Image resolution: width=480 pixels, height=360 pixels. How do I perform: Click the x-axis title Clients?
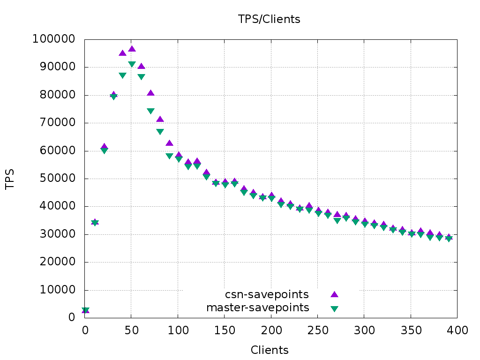[x=270, y=350]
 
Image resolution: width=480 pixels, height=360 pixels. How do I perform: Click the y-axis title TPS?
[x=9, y=179]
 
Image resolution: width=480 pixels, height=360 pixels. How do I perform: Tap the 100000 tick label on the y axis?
[x=53, y=39]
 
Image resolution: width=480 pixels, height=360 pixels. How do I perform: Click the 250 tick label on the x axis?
[x=317, y=330]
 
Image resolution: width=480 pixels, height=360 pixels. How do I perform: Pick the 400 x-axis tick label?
[x=457, y=330]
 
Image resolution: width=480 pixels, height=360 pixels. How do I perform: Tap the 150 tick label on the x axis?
[x=225, y=330]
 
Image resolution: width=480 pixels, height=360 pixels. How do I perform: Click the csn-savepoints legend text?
[x=267, y=294]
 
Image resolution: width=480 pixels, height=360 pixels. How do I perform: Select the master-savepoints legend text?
[x=258, y=307]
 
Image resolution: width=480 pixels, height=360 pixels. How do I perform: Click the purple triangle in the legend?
[x=334, y=294]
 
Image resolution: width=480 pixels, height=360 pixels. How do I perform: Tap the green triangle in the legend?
[x=334, y=308]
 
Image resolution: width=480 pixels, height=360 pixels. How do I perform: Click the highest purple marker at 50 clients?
[x=132, y=49]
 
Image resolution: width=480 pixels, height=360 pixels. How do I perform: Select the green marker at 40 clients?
[x=122, y=75]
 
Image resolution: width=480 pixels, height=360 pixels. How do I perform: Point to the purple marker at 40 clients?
[x=122, y=53]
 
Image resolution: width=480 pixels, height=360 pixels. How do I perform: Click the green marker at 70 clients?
[x=150, y=111]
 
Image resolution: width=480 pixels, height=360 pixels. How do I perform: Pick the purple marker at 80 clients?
[x=160, y=119]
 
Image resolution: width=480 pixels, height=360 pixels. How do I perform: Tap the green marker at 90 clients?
[x=169, y=156]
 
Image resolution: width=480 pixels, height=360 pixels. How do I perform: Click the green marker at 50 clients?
[x=132, y=64]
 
